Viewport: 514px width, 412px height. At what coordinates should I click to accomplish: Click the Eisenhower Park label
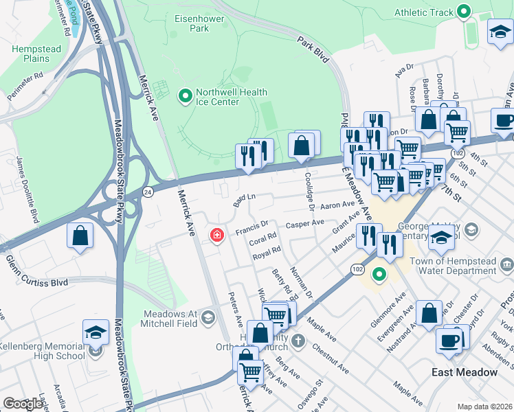(x=200, y=23)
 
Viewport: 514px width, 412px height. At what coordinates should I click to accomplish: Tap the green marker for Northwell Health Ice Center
(x=185, y=97)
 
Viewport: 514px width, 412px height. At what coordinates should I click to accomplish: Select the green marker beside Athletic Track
(x=463, y=12)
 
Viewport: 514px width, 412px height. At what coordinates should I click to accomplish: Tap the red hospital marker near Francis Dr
(x=217, y=236)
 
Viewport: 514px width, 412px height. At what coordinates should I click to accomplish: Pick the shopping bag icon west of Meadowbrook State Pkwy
(x=80, y=236)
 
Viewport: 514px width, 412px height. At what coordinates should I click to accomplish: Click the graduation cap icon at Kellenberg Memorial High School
(x=96, y=332)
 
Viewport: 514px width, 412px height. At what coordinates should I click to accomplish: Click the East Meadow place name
(x=464, y=372)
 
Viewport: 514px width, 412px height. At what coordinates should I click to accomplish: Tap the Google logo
(x=23, y=404)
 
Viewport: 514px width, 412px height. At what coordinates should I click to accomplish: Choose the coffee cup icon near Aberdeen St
(x=449, y=340)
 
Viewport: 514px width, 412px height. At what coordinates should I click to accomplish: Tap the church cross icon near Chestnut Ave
(x=298, y=340)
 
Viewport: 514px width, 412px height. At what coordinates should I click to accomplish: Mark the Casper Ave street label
(x=304, y=223)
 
